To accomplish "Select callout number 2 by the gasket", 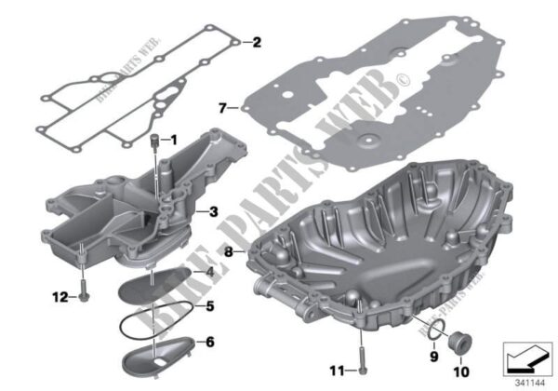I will [258, 41].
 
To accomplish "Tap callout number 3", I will [214, 212].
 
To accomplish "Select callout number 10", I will [462, 352].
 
